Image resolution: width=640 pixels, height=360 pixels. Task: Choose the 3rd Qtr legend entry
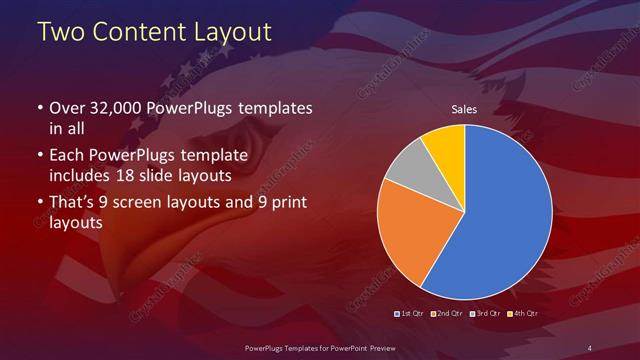click(487, 313)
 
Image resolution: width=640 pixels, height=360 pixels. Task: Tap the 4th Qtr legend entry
click(523, 313)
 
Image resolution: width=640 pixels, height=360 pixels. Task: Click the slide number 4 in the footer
click(589, 347)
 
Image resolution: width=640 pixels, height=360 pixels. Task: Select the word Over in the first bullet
click(66, 108)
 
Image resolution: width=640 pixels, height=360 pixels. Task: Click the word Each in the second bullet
click(66, 157)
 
